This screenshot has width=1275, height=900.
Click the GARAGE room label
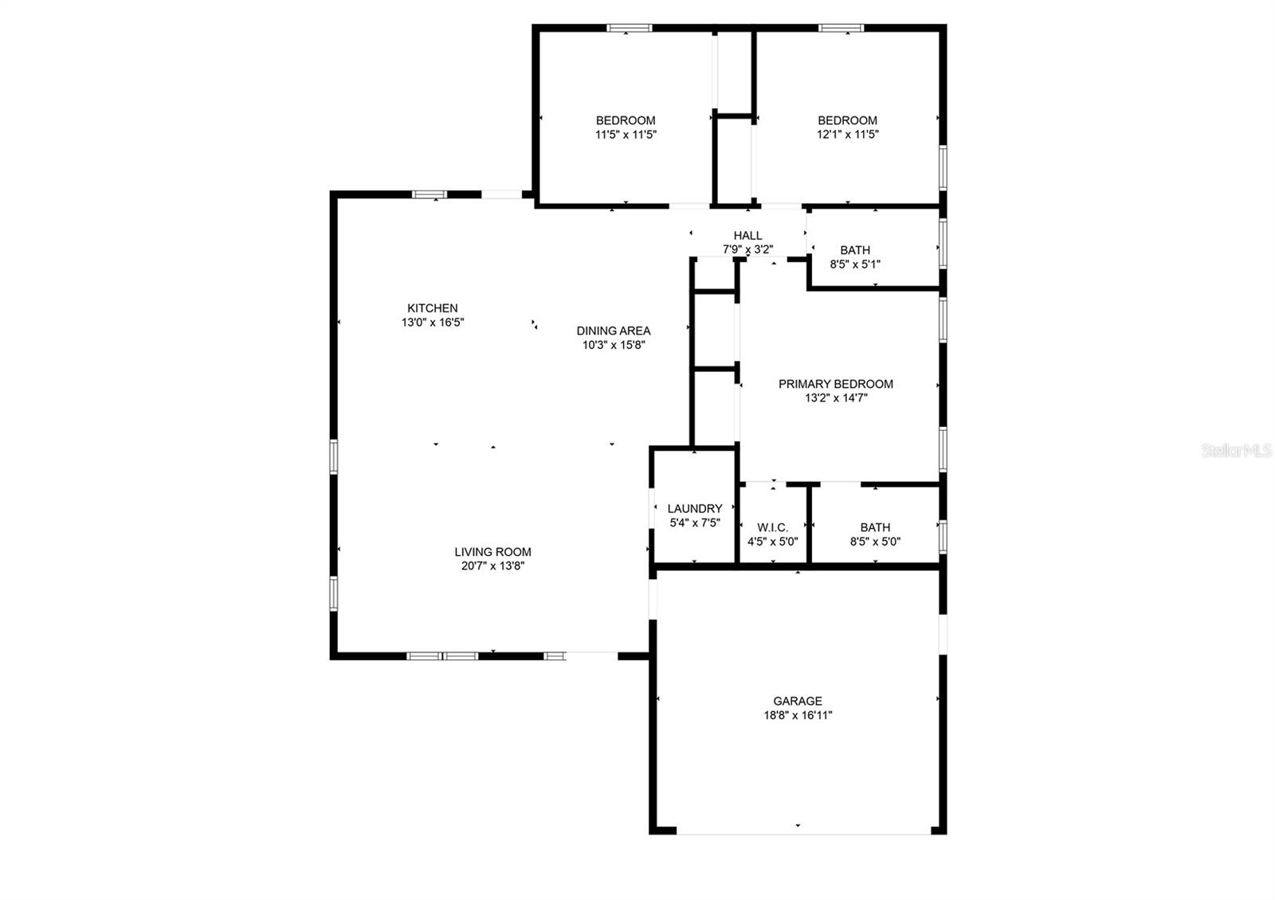798,701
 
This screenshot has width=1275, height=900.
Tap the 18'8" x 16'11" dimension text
798,715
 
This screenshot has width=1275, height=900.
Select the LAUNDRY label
695,508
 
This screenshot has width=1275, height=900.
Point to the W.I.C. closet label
772,527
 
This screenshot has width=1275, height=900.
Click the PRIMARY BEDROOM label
835,384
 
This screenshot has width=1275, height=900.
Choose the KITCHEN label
433,308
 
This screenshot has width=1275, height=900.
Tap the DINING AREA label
614,331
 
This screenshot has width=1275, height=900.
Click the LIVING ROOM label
492,552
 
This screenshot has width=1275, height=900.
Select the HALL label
747,236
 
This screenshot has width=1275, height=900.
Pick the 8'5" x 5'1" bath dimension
855,264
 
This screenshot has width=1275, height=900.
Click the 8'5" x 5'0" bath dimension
875,542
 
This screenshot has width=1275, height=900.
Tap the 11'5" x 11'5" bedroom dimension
626,135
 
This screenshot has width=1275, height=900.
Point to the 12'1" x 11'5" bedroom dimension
847,135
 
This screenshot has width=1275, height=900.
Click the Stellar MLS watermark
1237,451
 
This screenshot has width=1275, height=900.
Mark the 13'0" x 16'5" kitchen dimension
433,323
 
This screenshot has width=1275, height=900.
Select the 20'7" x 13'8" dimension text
492,566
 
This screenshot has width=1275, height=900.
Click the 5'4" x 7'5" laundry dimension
695,522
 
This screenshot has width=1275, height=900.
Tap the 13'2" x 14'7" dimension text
835,398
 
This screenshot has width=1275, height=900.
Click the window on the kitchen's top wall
430,194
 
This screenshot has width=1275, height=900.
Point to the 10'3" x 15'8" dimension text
614,345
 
